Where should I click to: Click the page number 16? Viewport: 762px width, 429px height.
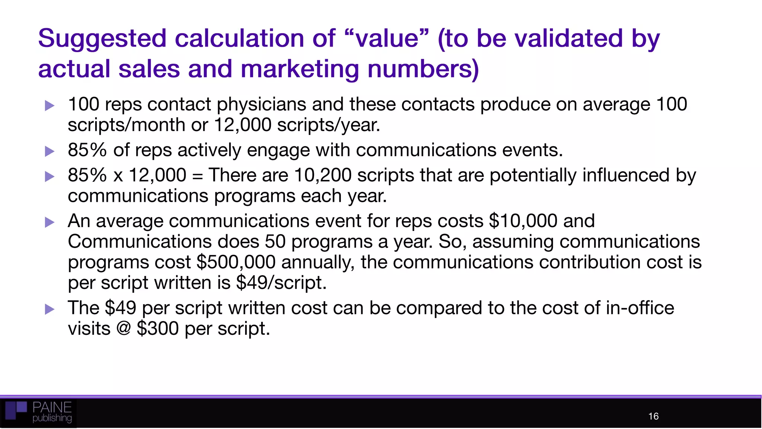tap(653, 416)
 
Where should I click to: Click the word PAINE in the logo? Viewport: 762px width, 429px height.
tap(52, 407)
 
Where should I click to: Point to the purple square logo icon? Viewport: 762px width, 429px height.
tap(16, 410)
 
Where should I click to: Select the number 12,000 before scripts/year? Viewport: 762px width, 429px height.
tap(243, 125)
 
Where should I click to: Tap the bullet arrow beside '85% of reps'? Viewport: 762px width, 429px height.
tap(49, 151)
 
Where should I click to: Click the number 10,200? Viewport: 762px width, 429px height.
tap(323, 175)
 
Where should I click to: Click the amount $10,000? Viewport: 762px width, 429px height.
tap(523, 221)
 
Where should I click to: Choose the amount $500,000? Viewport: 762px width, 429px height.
tap(236, 262)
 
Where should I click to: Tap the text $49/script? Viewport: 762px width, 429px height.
tap(281, 283)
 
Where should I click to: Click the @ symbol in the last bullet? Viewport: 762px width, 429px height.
tap(124, 328)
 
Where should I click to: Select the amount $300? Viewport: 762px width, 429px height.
tap(158, 328)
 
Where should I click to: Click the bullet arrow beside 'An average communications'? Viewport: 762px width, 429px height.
tap(49, 222)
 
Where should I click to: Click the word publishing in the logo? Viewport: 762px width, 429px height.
tap(52, 418)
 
